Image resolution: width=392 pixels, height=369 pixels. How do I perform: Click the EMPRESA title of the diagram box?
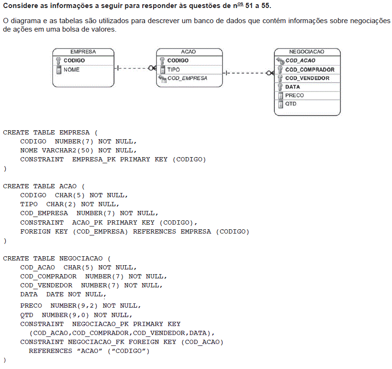pos(83,52)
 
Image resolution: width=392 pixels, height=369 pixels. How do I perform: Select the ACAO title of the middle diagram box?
pos(188,52)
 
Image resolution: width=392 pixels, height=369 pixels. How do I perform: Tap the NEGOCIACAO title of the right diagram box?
pos(307,52)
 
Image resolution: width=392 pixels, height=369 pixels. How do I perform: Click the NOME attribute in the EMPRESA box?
pos(72,69)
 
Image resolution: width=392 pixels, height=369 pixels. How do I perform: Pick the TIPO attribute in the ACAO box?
pos(173,69)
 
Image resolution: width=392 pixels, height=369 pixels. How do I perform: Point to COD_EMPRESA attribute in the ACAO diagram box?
pos(187,78)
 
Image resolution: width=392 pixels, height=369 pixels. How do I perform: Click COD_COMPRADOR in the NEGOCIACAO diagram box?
pos(310,69)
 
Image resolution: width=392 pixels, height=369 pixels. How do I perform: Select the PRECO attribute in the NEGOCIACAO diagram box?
pos(294,95)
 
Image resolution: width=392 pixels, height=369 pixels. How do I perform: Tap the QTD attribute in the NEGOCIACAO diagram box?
pos(291,104)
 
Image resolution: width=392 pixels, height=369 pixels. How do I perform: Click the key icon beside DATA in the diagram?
pos(280,87)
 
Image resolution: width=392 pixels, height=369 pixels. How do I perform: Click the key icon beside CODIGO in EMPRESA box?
pos(58,60)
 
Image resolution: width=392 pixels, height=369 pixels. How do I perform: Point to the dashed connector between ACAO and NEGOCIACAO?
pos(248,73)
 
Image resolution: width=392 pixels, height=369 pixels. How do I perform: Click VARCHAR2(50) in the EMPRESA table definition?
pos(67,151)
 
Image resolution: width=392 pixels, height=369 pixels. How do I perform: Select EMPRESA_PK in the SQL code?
pos(94,159)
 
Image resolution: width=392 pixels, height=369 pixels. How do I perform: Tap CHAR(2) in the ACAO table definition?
pos(61,204)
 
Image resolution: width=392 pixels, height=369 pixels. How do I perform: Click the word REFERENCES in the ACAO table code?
pos(155,232)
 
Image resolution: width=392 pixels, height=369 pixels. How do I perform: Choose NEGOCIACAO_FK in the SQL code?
pos(96,342)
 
